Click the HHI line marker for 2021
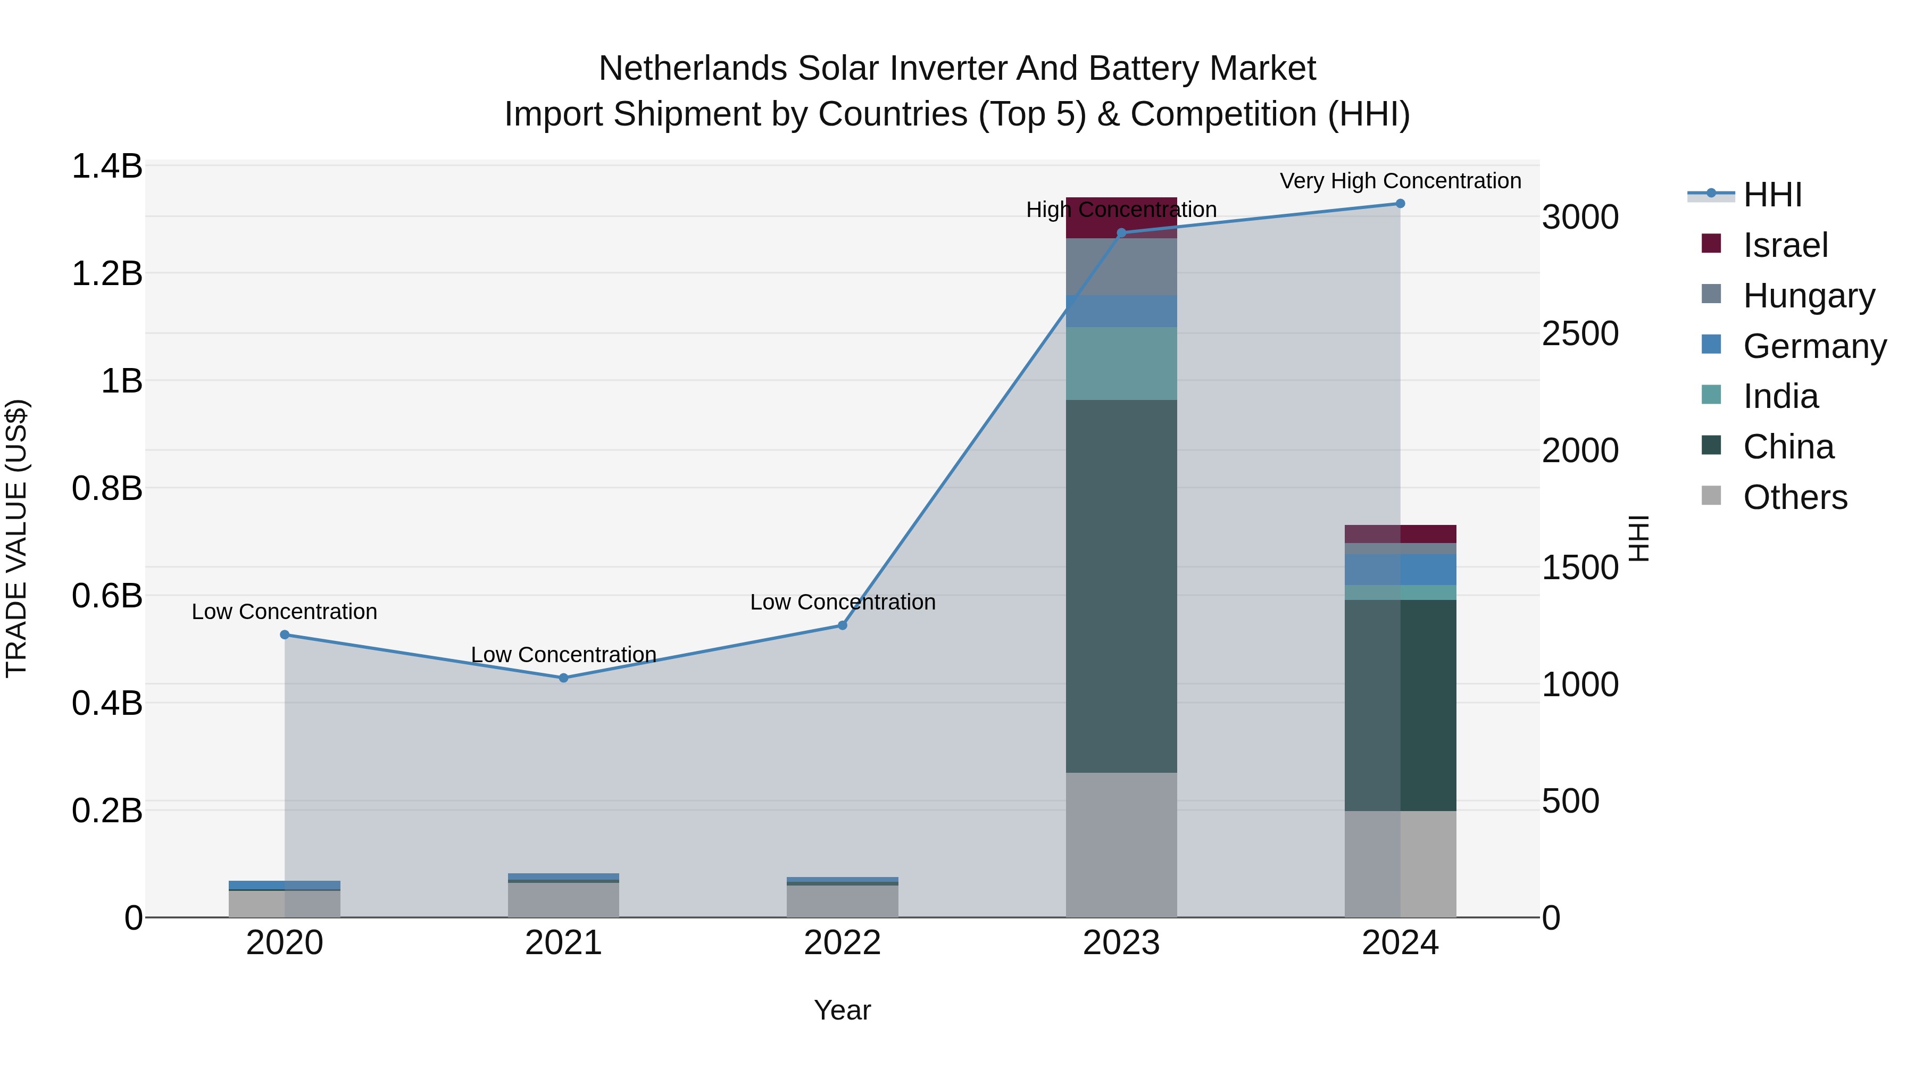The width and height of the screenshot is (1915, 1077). (563, 678)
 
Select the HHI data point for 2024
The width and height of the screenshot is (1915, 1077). (1400, 204)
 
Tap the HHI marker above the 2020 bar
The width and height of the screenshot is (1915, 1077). (285, 634)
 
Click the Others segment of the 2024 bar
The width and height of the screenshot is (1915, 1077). (1400, 864)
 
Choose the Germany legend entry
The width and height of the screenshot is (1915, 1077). (1814, 346)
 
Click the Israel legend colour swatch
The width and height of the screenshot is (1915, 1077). (1711, 244)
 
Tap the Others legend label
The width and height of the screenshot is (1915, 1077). (1795, 497)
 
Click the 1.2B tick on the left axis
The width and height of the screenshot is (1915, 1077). (106, 273)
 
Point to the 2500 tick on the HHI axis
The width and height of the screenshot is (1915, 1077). (1580, 333)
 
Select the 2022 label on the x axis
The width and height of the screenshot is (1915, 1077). (842, 943)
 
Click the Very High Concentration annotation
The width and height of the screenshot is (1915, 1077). (1400, 181)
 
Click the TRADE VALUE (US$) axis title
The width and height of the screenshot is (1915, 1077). (16, 538)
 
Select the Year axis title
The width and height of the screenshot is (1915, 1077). (842, 1010)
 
